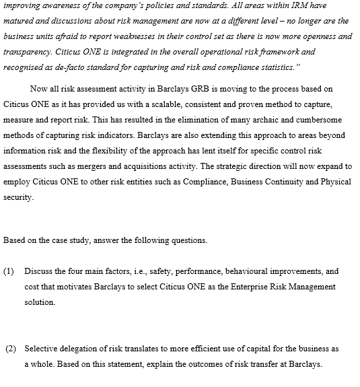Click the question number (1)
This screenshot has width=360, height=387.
pos(9,271)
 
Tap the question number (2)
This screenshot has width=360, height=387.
pos(11,349)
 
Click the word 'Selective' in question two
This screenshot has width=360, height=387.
pos(41,349)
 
